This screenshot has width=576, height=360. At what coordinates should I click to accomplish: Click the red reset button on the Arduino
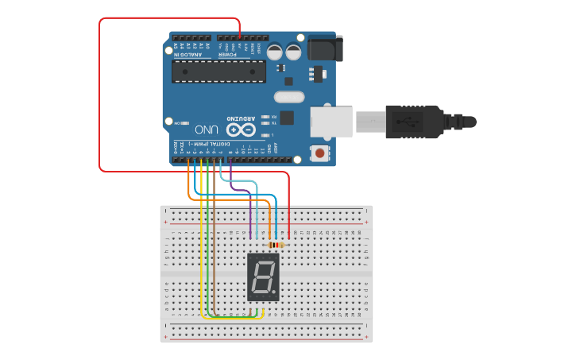click(319, 152)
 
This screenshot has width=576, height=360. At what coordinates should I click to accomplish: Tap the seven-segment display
click(264, 277)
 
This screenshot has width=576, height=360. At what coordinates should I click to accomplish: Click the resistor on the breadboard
click(276, 245)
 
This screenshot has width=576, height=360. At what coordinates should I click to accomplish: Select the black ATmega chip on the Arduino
click(218, 71)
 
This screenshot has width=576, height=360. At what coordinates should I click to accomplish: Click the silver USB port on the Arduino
click(331, 121)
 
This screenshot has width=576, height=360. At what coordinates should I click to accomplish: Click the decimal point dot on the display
click(276, 295)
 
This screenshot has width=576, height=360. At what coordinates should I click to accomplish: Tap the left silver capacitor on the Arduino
click(274, 52)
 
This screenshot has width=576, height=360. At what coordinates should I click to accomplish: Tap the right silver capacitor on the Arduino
click(293, 52)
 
